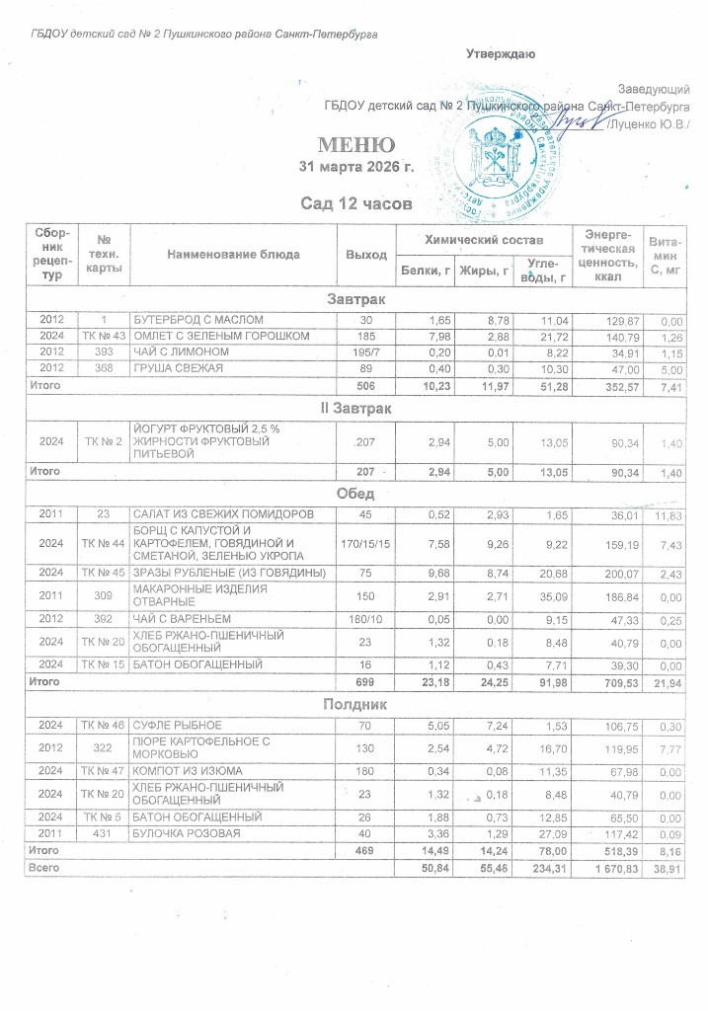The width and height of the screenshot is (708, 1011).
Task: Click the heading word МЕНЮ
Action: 356,144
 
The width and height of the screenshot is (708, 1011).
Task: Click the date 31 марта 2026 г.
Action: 355,166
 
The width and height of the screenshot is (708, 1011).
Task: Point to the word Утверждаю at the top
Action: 501,52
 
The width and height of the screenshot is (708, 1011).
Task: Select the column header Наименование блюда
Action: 234,254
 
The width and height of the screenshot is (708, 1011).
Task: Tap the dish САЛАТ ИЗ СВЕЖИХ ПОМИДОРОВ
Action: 224,514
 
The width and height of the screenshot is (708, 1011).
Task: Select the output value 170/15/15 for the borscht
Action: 365,541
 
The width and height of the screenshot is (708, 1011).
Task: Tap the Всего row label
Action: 44,866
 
